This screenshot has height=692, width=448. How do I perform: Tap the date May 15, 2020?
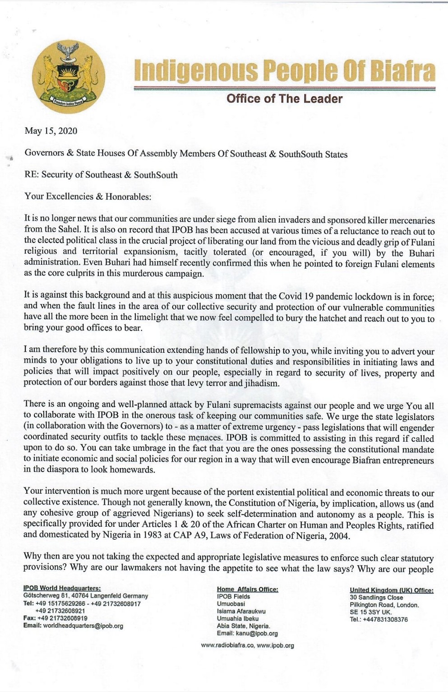(x=51, y=131)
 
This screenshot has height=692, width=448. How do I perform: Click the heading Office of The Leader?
(x=284, y=98)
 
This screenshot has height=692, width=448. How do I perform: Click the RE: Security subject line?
(x=101, y=175)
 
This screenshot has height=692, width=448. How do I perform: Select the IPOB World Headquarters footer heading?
(x=62, y=588)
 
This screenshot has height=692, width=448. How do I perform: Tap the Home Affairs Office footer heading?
(x=247, y=589)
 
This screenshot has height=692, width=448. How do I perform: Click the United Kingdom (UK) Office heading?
(x=391, y=590)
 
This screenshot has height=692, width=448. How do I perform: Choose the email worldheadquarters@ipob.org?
(x=83, y=626)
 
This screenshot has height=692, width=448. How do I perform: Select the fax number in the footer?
(x=62, y=618)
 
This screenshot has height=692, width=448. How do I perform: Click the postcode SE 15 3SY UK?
(x=371, y=612)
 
